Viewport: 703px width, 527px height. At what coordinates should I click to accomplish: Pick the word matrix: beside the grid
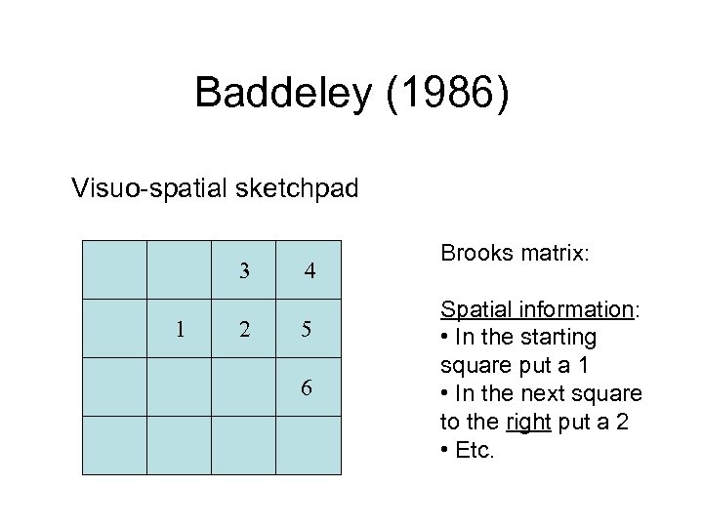552,253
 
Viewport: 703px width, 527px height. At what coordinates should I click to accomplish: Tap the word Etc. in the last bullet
476,452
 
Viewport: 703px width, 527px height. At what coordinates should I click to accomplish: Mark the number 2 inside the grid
244,329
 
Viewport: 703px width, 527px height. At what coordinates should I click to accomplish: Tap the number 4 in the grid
309,270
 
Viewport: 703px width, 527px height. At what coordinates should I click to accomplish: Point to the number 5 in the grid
307,329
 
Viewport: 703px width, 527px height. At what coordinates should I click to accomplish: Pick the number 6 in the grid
307,387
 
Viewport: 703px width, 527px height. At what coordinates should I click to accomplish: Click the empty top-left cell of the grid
114,269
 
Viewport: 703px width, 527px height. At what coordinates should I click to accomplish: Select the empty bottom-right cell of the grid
309,446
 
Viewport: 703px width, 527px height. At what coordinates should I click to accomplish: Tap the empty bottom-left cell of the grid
114,446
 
